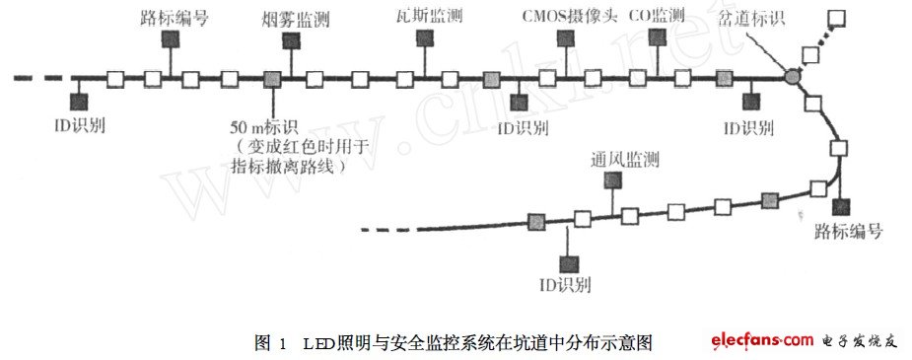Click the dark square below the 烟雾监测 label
click(x=291, y=40)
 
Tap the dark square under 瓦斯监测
click(x=425, y=38)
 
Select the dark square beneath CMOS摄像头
click(x=566, y=38)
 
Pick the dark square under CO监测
click(x=658, y=38)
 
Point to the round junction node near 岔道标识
click(x=793, y=76)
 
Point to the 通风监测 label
click(x=625, y=160)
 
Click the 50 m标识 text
click(x=261, y=128)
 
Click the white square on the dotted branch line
click(x=837, y=19)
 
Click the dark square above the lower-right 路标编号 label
click(x=841, y=207)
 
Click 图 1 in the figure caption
click(x=269, y=343)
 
